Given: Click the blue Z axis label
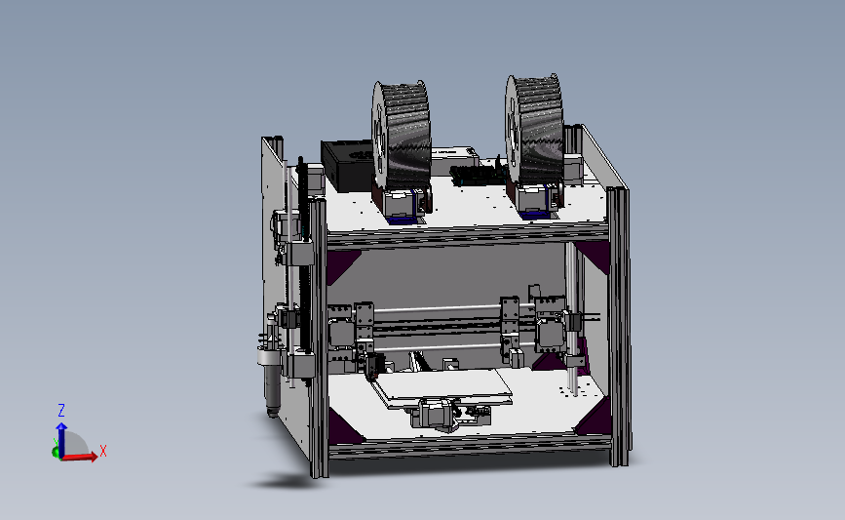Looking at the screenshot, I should click(x=60, y=411).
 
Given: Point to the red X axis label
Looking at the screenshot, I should click(x=102, y=451).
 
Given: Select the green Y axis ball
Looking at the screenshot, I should click(x=56, y=452).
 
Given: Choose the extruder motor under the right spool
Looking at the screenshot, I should click(x=533, y=200).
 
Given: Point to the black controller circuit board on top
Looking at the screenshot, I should click(x=478, y=175).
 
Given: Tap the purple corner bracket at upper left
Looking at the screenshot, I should click(x=343, y=264).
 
